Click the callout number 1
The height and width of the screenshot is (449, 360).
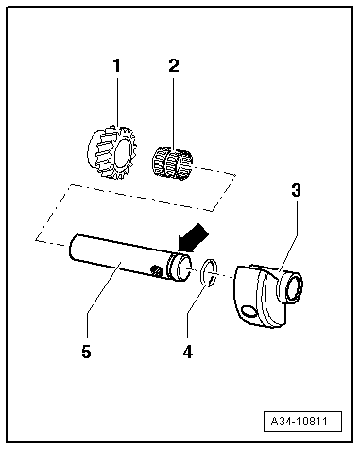click(x=117, y=66)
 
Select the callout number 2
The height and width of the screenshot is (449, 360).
click(x=174, y=66)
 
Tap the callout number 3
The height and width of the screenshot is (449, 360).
click(x=296, y=190)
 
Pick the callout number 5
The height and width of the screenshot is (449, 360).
click(x=86, y=351)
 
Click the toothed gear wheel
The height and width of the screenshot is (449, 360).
click(x=111, y=152)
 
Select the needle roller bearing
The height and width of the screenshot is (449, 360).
click(x=172, y=163)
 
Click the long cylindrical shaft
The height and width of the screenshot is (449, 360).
click(x=130, y=257)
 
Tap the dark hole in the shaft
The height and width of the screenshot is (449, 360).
click(x=156, y=269)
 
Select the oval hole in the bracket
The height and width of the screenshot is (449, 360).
click(x=250, y=311)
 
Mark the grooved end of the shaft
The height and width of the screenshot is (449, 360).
click(x=180, y=267)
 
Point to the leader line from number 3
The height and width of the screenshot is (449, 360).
click(x=287, y=235)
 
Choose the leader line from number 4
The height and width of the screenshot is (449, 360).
click(x=197, y=304)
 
